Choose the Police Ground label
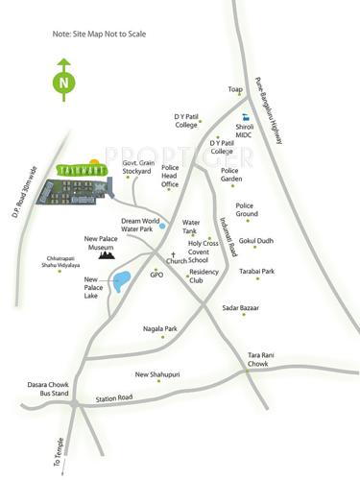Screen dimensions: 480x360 pyautogui.click(x=248, y=209)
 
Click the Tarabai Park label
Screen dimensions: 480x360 pyautogui.click(x=257, y=272)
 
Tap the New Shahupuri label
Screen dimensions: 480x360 pyautogui.click(x=157, y=374)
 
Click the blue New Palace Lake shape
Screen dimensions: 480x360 pyautogui.click(x=121, y=282)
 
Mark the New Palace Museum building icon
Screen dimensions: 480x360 pyautogui.click(x=105, y=255)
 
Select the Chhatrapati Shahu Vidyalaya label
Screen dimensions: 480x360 pyautogui.click(x=62, y=262)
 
